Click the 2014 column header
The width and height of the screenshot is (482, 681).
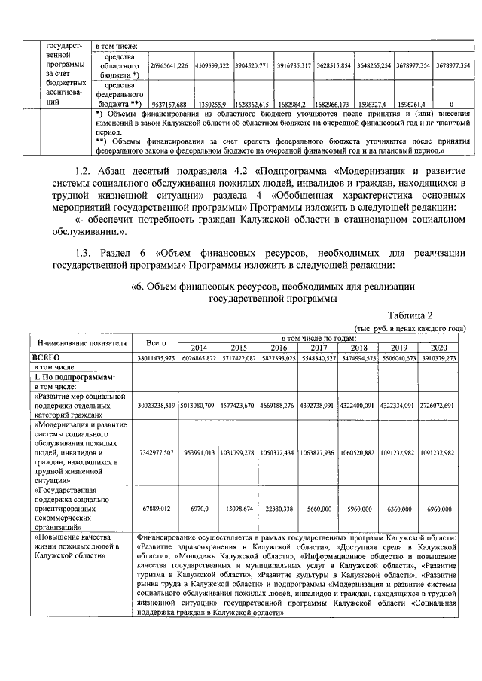click(x=199, y=348)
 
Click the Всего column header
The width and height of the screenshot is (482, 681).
click(x=157, y=342)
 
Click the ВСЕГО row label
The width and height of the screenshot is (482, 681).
click(x=45, y=357)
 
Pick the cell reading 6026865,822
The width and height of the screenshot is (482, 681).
click(x=199, y=358)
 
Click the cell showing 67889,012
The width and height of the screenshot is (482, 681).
click(x=157, y=509)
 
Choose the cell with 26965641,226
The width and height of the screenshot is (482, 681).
click(x=169, y=66)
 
